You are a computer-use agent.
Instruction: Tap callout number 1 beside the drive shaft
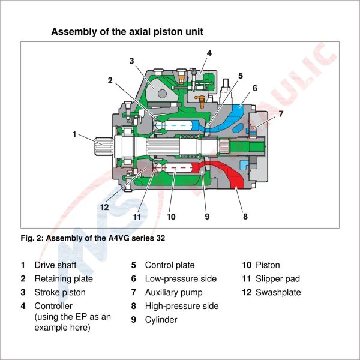(74, 134)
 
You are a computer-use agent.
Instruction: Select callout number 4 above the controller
(209, 53)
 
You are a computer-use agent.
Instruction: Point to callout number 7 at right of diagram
(281, 113)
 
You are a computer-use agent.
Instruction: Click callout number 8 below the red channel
(245, 216)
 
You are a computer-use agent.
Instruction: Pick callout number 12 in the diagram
(104, 207)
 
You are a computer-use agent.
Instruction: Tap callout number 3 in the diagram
(131, 60)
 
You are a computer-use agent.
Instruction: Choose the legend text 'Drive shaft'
(55, 265)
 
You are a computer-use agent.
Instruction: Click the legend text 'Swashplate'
(278, 293)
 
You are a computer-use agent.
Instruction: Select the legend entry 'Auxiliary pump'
(173, 293)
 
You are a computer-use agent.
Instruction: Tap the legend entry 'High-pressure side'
(181, 307)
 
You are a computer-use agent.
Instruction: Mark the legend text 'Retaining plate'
(64, 279)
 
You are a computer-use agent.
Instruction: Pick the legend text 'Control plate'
(169, 265)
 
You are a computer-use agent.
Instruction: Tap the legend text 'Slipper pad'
(277, 279)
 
